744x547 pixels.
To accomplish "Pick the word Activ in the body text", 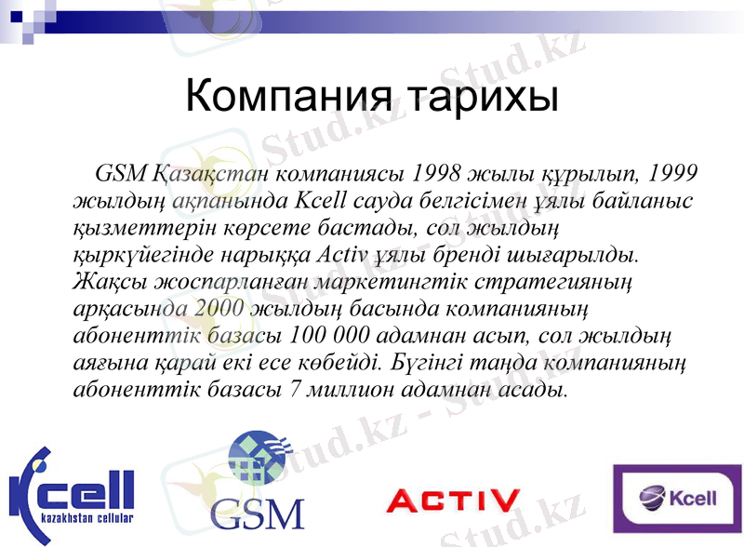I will [x=344, y=252].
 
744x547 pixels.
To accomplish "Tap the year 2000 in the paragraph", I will [x=223, y=307].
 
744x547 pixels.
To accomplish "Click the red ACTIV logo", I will [x=453, y=502].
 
